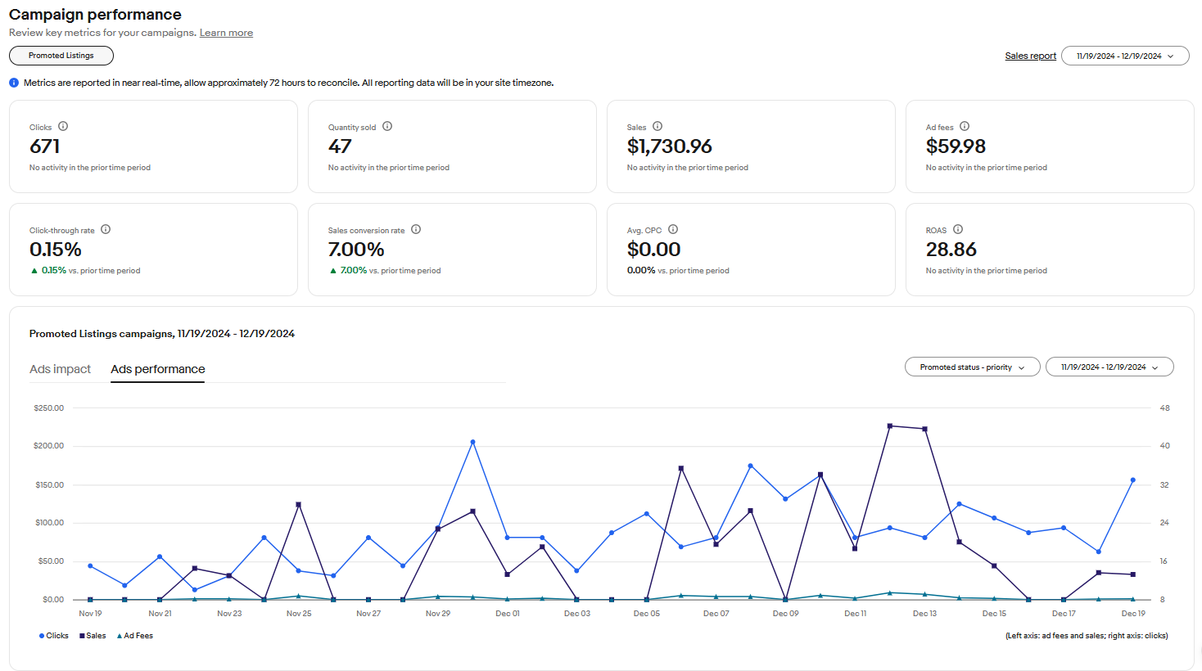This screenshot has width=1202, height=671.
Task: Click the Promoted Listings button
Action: point(61,56)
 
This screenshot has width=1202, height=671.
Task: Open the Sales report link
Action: point(1030,56)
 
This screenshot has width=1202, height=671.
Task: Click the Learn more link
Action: point(226,33)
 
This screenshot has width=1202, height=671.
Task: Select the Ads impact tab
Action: point(60,369)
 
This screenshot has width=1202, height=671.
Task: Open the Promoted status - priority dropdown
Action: point(972,367)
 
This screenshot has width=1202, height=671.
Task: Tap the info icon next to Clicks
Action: point(63,126)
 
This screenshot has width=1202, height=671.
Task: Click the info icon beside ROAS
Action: point(958,230)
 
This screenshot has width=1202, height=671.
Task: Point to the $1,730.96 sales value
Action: point(669,146)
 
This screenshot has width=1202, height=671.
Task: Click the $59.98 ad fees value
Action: point(956,146)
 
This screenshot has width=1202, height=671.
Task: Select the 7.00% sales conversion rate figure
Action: point(356,250)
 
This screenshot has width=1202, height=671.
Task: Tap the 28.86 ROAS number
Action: point(951,250)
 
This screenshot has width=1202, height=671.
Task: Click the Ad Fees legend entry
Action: point(135,636)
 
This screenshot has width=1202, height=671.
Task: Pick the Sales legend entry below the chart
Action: point(93,636)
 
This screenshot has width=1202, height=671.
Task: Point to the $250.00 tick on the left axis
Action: point(48,408)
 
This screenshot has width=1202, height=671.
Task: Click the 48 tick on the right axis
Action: point(1164,408)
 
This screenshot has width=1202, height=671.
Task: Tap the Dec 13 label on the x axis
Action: point(924,614)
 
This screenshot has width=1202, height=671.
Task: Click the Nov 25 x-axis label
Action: point(299,614)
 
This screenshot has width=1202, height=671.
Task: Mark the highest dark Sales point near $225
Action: point(890,426)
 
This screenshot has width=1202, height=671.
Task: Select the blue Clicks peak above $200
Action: point(472,442)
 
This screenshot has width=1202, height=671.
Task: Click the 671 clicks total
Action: point(45,146)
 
